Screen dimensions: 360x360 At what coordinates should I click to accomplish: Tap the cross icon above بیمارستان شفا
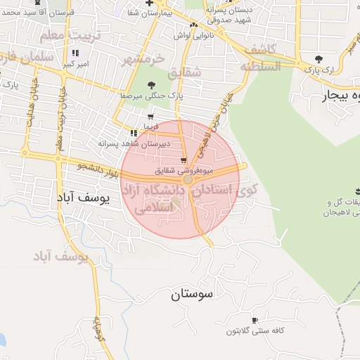pos(149,3)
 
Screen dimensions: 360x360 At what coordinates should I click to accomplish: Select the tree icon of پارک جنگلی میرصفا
pos(150,85)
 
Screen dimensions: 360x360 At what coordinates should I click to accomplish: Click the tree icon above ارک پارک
pos(319,59)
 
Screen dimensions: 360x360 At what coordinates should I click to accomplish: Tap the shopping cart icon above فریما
pos(150,117)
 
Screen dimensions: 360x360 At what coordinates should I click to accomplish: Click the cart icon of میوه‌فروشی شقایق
pos(184,160)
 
